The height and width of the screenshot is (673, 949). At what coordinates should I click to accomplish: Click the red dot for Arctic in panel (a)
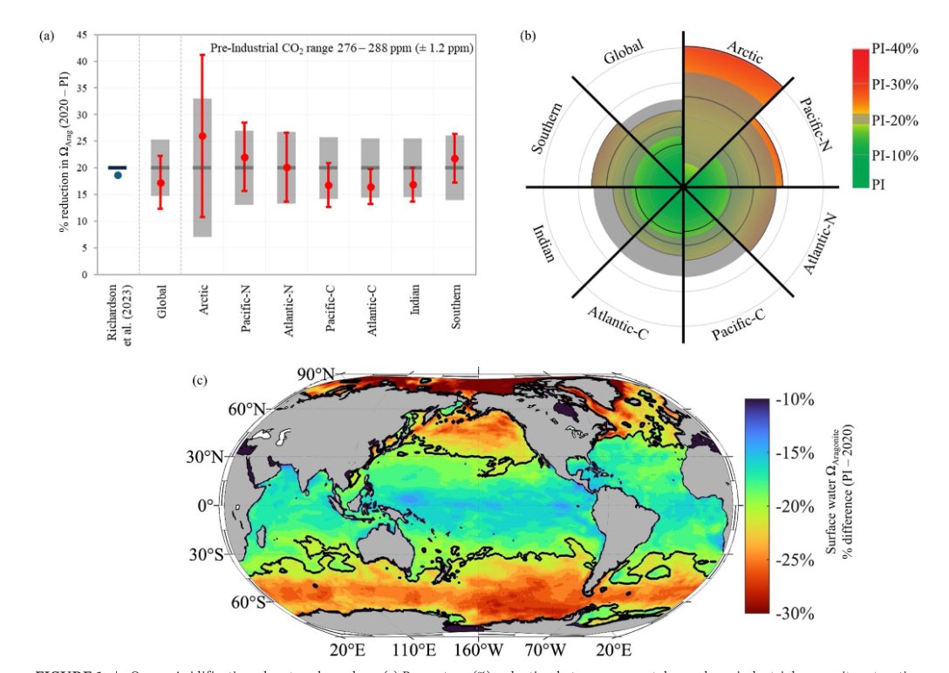point(202,136)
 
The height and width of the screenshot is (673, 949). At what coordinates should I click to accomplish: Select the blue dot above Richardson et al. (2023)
point(118,174)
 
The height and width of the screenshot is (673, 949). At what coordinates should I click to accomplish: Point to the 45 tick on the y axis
point(81,35)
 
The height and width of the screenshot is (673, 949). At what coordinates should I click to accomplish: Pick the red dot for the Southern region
point(454,159)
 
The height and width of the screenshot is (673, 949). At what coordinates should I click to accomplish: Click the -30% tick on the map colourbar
point(795,613)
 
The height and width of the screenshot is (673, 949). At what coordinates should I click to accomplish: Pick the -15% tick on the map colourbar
point(795,454)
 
